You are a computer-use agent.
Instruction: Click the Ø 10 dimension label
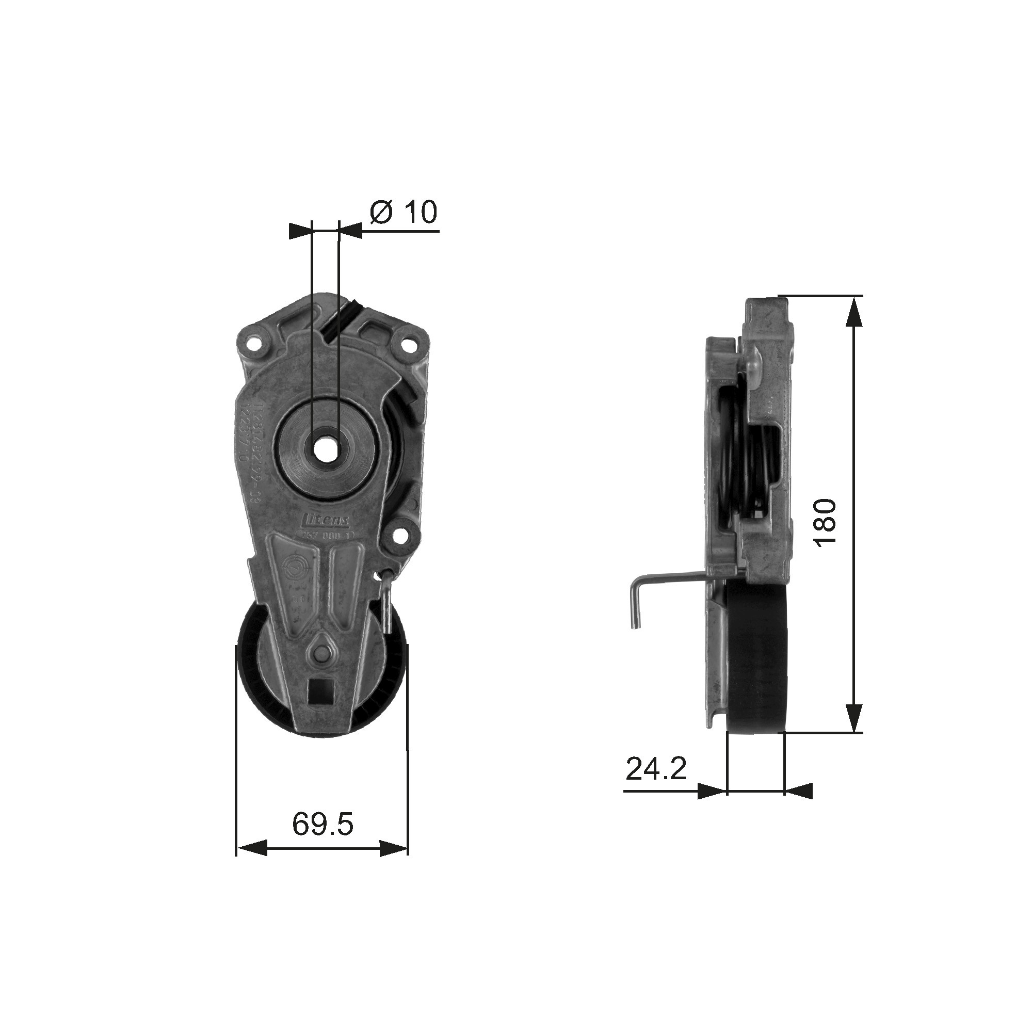[404, 213]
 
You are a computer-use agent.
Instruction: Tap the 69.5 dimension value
[322, 825]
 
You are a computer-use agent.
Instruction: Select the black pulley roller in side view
[756, 657]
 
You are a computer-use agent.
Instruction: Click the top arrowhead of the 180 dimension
[854, 310]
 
